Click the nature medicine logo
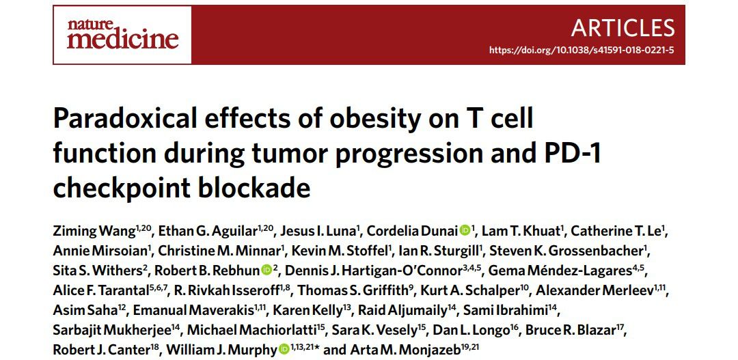(122, 34)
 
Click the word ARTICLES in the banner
(623, 27)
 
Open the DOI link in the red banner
(582, 51)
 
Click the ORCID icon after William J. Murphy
(284, 350)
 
